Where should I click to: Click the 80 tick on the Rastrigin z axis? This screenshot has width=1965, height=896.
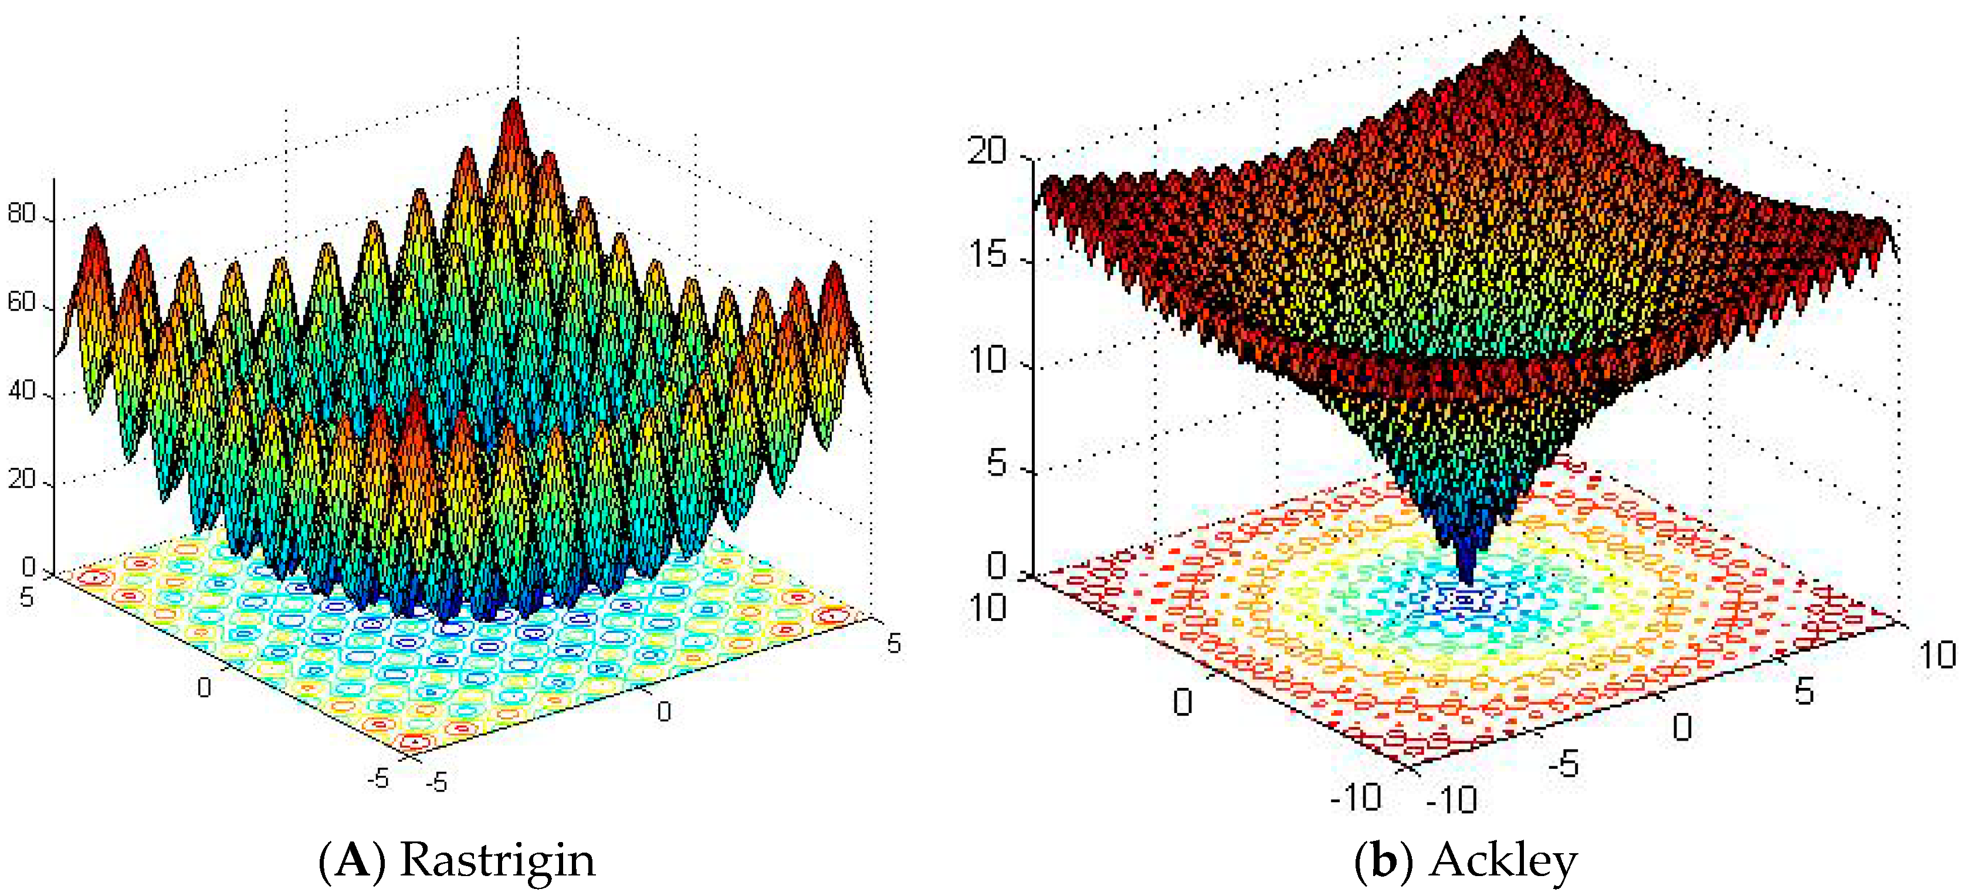[21, 213]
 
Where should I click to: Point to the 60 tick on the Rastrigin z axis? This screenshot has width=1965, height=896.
[21, 303]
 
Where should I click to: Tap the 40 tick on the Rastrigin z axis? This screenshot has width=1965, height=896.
[21, 391]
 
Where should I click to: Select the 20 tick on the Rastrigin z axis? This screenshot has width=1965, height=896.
[21, 480]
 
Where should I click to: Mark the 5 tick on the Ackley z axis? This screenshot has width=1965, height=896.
[996, 463]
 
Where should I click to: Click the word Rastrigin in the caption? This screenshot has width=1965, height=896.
[497, 860]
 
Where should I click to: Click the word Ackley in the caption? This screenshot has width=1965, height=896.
[1503, 860]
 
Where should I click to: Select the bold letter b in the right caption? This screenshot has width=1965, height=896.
[1384, 860]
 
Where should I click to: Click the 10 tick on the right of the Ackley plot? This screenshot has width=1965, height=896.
[1937, 654]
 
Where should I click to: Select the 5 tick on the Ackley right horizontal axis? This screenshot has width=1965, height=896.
[1804, 691]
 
